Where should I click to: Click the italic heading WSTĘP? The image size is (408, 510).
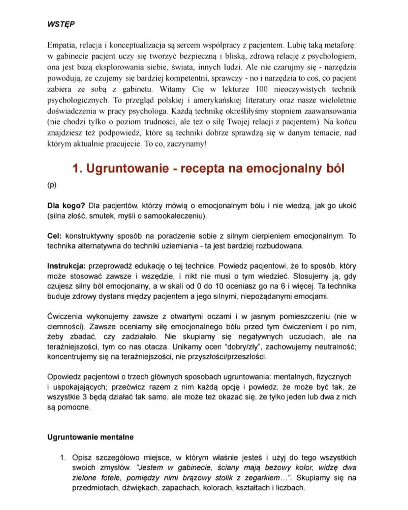pos(61,24)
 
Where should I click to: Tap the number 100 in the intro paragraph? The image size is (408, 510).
pos(261,89)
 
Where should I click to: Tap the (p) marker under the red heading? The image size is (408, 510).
pos(52,185)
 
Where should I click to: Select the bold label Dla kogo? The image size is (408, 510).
pos(66,206)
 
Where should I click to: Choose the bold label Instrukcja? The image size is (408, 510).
pos(66,266)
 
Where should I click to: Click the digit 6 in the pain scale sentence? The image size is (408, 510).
pos(283,286)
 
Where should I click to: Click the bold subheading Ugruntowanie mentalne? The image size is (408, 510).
pos(90,437)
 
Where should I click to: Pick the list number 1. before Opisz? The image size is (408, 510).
pos(63,458)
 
